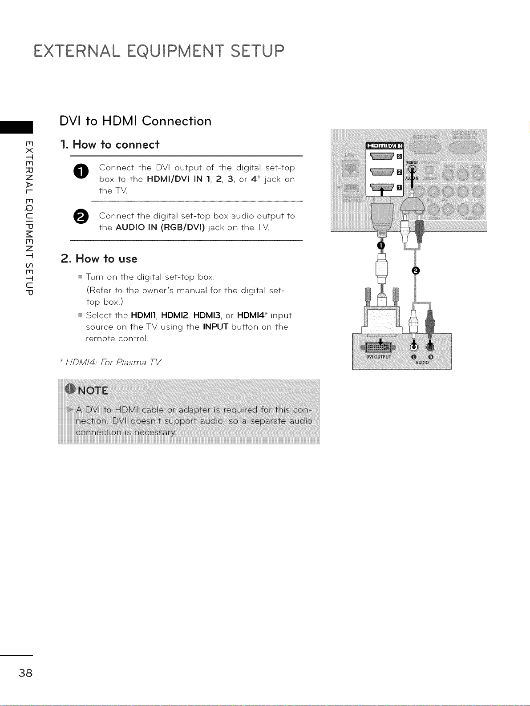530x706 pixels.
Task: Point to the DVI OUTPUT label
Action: pyautogui.click(x=378, y=357)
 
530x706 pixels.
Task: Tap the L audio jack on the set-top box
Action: pyautogui.click(x=414, y=347)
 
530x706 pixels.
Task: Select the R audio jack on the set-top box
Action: pyautogui.click(x=431, y=347)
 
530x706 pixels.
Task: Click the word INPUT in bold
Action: pyautogui.click(x=216, y=327)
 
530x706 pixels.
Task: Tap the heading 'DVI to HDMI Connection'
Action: pyautogui.click(x=135, y=121)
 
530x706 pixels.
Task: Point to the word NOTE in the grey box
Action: pyautogui.click(x=93, y=391)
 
